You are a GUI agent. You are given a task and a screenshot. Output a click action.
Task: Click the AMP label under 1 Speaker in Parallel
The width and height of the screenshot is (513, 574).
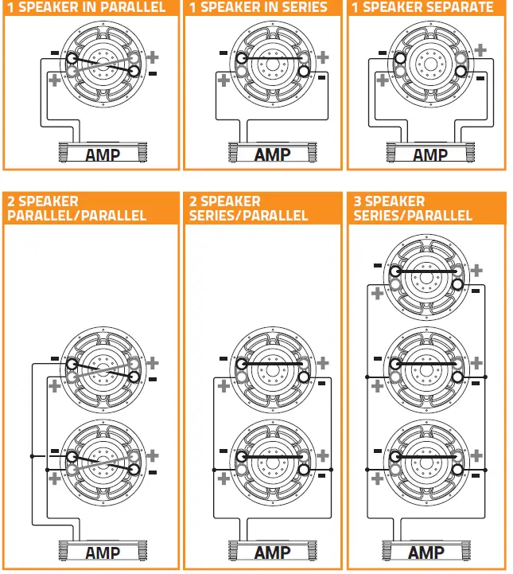tap(103, 154)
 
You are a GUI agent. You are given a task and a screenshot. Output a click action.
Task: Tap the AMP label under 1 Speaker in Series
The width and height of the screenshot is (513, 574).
tap(271, 154)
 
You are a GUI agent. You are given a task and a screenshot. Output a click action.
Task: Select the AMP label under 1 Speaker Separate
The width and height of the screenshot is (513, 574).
tap(430, 154)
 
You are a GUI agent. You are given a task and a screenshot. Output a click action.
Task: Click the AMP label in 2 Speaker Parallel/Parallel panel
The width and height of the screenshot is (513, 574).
tap(103, 553)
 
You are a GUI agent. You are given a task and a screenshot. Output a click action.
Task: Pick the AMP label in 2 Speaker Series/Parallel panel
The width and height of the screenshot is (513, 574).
tap(271, 553)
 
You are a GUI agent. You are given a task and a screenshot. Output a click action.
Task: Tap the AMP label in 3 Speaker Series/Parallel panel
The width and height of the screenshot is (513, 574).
tap(426, 553)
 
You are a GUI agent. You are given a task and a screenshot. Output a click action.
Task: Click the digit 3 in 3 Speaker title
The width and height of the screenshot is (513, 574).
tap(358, 201)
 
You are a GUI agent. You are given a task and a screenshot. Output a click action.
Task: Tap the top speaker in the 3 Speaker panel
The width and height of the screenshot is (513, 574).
tap(426, 275)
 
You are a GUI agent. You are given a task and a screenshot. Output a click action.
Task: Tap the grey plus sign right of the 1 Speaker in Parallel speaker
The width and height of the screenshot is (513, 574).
tap(153, 57)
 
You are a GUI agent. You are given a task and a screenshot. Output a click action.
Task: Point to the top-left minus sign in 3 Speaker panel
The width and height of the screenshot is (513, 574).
tap(377, 266)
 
